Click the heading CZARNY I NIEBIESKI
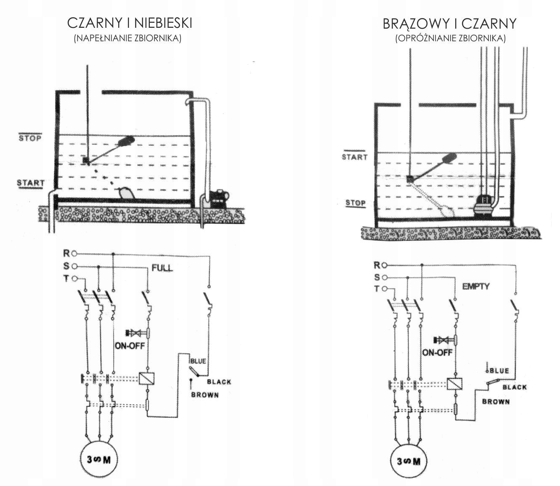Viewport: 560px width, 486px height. pos(130,23)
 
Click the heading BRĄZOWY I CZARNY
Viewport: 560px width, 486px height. pos(449,24)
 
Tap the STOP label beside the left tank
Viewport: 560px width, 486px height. pos(30,138)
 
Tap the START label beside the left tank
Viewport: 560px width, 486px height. pos(30,183)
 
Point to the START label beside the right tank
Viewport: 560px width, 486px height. pos(354,157)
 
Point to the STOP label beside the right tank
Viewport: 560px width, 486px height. pos(356,203)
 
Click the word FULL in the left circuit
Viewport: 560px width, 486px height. pos(162,268)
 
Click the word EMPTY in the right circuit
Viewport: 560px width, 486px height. pos(476,286)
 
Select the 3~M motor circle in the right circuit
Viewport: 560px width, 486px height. pos(409,461)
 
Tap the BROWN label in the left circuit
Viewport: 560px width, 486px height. pos(205,395)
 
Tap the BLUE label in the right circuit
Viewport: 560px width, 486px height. pos(499,371)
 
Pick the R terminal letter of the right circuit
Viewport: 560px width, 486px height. pos(377,265)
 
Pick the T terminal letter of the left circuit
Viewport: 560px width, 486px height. pos(66,278)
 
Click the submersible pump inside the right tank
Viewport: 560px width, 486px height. pos(484,206)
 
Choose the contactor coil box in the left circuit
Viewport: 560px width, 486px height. pos(146,378)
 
